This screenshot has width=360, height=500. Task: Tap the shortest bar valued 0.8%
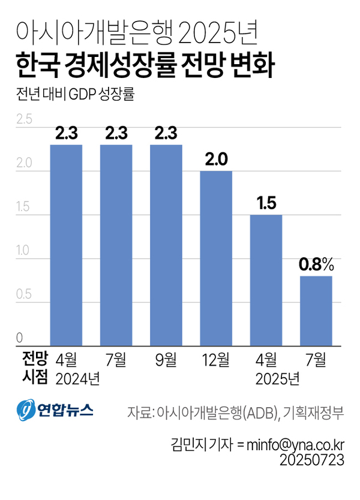click(316, 311)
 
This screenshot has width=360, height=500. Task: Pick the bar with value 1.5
click(266, 280)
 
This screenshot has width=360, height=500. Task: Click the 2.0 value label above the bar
click(215, 159)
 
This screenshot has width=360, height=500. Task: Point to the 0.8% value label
click(317, 264)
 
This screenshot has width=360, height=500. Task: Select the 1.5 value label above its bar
click(266, 203)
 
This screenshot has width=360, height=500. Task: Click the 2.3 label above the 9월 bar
click(166, 133)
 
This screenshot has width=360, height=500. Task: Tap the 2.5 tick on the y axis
click(24, 119)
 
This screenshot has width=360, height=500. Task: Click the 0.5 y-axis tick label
click(24, 296)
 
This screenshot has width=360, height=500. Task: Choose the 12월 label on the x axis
click(215, 360)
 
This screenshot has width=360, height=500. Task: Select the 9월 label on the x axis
click(166, 360)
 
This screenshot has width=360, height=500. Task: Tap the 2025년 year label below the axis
click(277, 379)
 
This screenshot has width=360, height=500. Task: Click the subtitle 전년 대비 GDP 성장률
click(74, 96)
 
